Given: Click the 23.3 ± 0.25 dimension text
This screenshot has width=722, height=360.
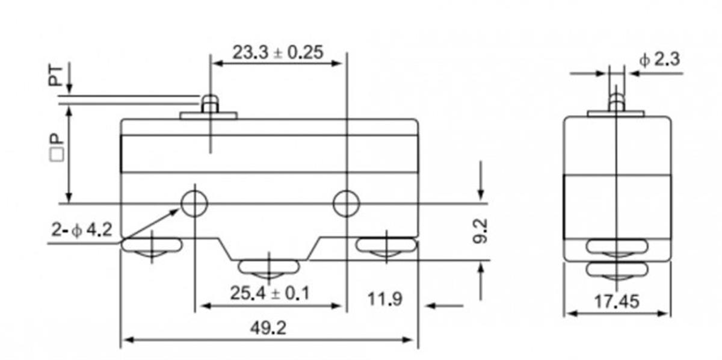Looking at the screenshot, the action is [x=277, y=52].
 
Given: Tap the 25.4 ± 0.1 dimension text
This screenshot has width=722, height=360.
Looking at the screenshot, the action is [x=270, y=293].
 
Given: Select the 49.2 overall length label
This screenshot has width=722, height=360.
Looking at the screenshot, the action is [x=268, y=328].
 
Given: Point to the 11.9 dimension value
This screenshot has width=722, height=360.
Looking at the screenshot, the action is [x=385, y=299].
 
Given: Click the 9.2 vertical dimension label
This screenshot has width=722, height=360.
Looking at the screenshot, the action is [x=480, y=231].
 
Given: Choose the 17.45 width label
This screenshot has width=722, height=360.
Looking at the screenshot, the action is [x=616, y=302].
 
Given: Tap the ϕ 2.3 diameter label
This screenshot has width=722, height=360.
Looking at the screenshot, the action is [x=659, y=59].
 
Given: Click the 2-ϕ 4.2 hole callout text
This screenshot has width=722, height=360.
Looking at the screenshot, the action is [x=82, y=230].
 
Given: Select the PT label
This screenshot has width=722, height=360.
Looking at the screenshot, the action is [x=55, y=76].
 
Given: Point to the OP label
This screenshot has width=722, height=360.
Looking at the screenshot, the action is [x=57, y=147].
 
